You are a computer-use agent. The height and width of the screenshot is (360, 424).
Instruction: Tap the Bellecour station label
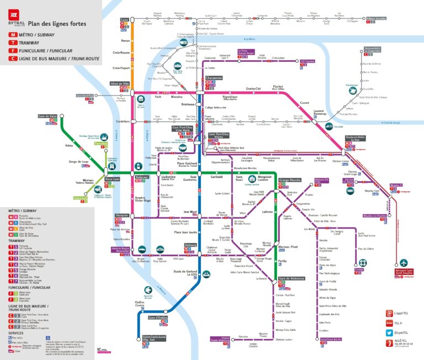[x=142, y=177]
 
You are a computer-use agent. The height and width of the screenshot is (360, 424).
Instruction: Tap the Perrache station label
[x=121, y=215]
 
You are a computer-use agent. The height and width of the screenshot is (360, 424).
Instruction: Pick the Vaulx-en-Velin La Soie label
[x=356, y=139]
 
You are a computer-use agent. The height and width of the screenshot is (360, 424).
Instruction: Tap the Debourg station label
[x=190, y=245]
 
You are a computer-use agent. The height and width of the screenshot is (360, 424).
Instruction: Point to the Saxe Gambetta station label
[x=189, y=178]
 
